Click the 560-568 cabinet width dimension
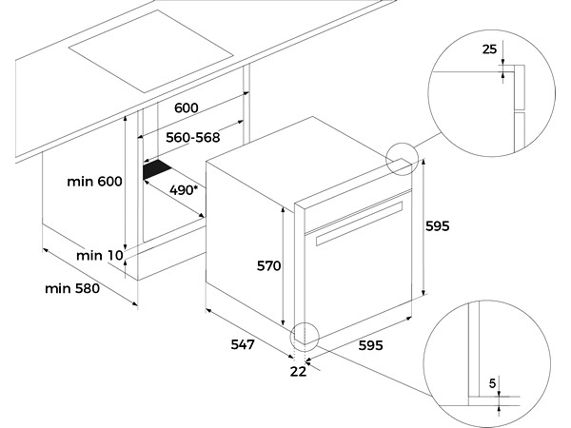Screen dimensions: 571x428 click(x=193, y=138)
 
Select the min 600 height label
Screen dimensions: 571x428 click(x=94, y=182)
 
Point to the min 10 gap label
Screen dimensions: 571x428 click(x=100, y=256)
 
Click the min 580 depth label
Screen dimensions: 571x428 click(x=72, y=288)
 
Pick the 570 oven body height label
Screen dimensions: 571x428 click(x=268, y=266)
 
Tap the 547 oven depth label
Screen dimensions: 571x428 click(x=243, y=344)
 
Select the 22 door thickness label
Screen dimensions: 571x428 click(x=298, y=372)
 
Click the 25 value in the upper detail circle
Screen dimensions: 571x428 click(x=489, y=49)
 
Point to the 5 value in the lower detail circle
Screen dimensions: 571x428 click(x=492, y=383)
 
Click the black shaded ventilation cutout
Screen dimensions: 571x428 click(x=157, y=169)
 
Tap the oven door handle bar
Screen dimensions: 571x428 click(x=360, y=224)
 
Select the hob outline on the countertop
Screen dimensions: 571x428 click(x=150, y=51)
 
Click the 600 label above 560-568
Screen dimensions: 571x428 click(x=187, y=107)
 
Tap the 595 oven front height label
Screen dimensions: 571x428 click(x=438, y=226)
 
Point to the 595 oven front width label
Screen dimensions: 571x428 click(x=371, y=345)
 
